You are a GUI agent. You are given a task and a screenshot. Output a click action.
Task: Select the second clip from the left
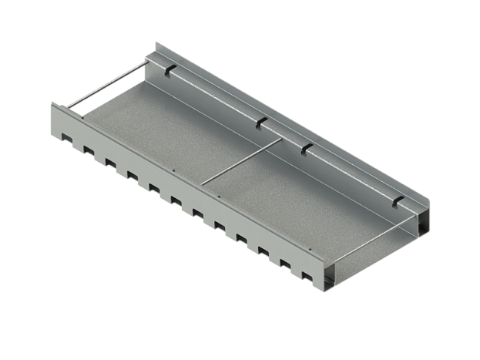262,123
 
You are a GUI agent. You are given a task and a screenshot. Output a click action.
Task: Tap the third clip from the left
306,146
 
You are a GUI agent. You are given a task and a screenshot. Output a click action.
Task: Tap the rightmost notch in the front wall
306,276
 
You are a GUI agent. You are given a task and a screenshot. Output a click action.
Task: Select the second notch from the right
285,264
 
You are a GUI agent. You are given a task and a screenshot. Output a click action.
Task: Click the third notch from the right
263,251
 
